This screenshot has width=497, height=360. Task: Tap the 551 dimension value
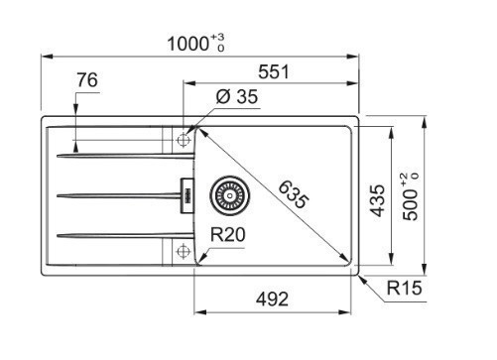click(274, 71)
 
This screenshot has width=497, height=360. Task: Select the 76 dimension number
click(87, 80)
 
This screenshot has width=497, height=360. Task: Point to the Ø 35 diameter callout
click(237, 97)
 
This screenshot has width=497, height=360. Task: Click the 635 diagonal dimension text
click(293, 195)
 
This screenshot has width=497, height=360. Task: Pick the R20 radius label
click(228, 234)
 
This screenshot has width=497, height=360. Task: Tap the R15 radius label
click(404, 288)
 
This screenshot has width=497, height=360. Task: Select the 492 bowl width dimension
click(272, 300)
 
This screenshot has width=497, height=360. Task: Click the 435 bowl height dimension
click(377, 200)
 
